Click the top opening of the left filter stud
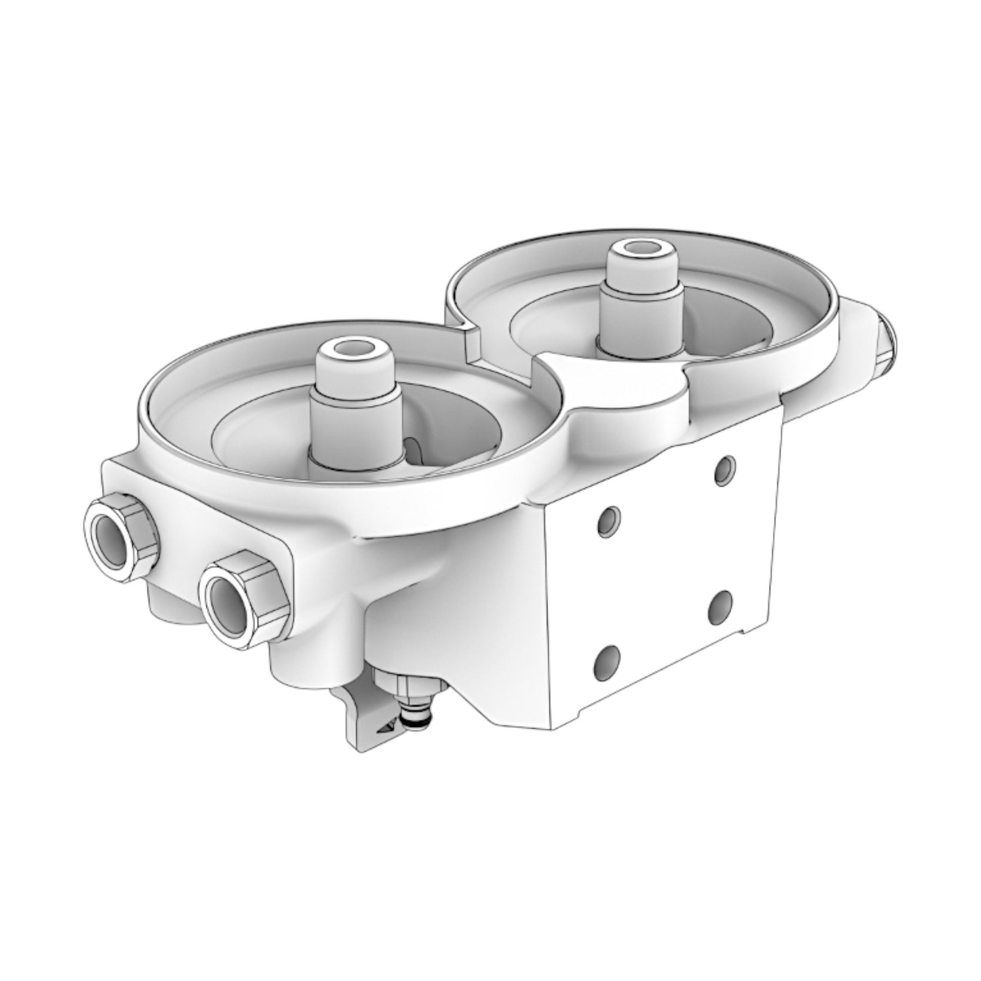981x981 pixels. pos(356,354)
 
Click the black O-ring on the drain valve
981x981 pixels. pos(412,726)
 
